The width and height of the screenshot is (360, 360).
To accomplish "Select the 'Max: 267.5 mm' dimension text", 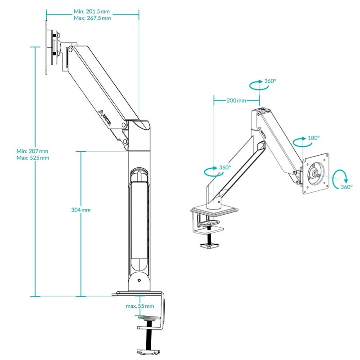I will pyautogui.click(x=92, y=18).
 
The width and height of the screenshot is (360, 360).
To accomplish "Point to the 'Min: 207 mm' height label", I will pyautogui.click(x=32, y=151).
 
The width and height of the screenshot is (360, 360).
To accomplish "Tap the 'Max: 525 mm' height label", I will pyautogui.click(x=32, y=158).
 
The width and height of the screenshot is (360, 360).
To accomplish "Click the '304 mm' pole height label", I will pyautogui.click(x=81, y=210).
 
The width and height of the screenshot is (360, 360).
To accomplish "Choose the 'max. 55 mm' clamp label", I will pyautogui.click(x=140, y=306).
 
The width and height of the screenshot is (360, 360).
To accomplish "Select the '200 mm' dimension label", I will pyautogui.click(x=236, y=100).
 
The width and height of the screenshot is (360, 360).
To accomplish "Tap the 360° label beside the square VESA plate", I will pyautogui.click(x=346, y=187).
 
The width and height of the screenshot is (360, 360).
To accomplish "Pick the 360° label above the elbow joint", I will pyautogui.click(x=270, y=81).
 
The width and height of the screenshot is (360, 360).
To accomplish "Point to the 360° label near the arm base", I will pyautogui.click(x=225, y=167).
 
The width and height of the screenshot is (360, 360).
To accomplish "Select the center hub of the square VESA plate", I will pyautogui.click(x=315, y=172).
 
